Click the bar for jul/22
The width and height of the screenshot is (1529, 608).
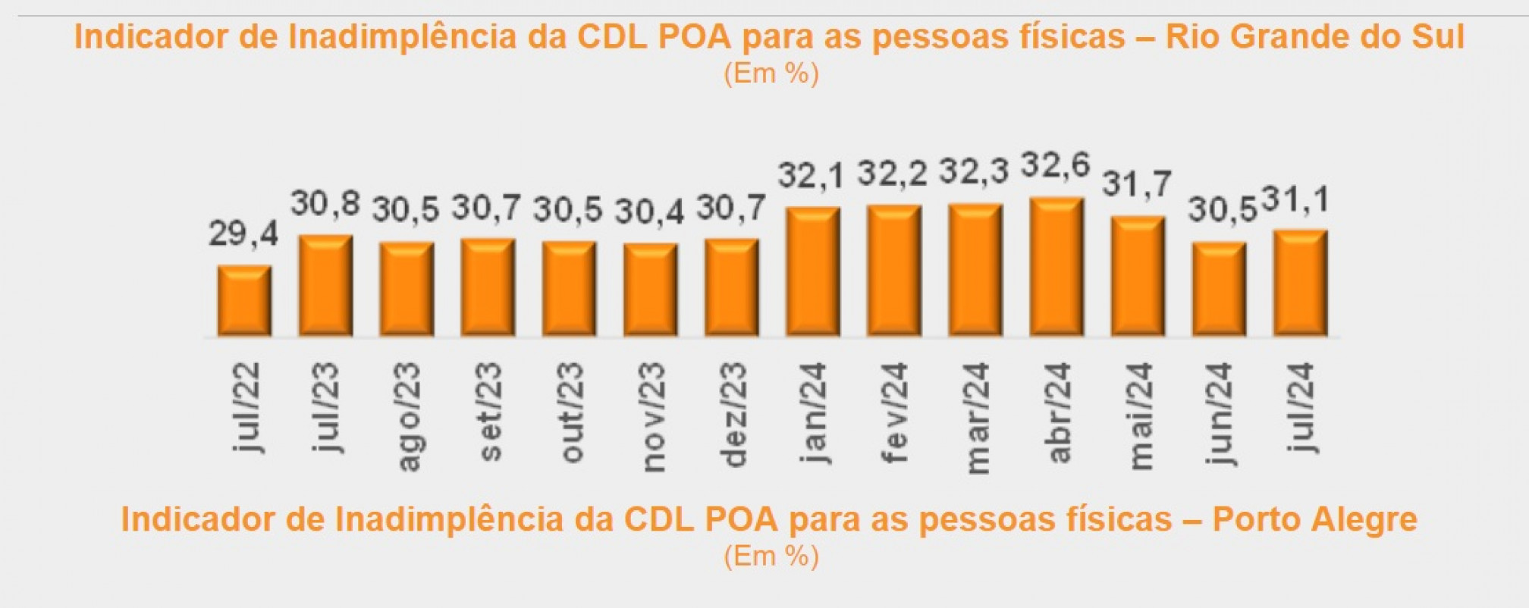[244, 301]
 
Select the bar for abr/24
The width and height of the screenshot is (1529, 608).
[1056, 267]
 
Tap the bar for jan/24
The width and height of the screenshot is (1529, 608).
[813, 271]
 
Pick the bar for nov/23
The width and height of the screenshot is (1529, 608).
[651, 290]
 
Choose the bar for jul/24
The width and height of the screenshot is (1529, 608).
[1300, 283]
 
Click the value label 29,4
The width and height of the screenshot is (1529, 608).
[243, 233]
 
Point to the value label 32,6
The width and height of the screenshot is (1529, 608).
[1055, 165]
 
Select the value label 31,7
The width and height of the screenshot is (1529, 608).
[1137, 184]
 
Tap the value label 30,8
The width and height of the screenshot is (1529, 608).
[325, 204]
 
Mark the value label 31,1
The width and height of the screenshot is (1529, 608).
[1295, 200]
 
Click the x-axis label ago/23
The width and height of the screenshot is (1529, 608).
[407, 416]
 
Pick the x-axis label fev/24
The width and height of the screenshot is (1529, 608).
[895, 412]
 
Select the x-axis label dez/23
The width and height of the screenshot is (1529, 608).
[733, 415]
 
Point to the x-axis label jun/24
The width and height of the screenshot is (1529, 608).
[1220, 413]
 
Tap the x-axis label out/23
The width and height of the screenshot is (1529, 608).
[570, 412]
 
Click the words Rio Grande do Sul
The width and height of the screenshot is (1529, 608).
[1314, 36]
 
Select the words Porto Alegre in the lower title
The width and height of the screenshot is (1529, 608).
[1314, 519]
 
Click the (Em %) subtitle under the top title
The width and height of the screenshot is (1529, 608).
[771, 74]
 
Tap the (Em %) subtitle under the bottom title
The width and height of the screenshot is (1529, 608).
[771, 556]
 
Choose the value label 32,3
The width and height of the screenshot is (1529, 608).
[974, 171]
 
